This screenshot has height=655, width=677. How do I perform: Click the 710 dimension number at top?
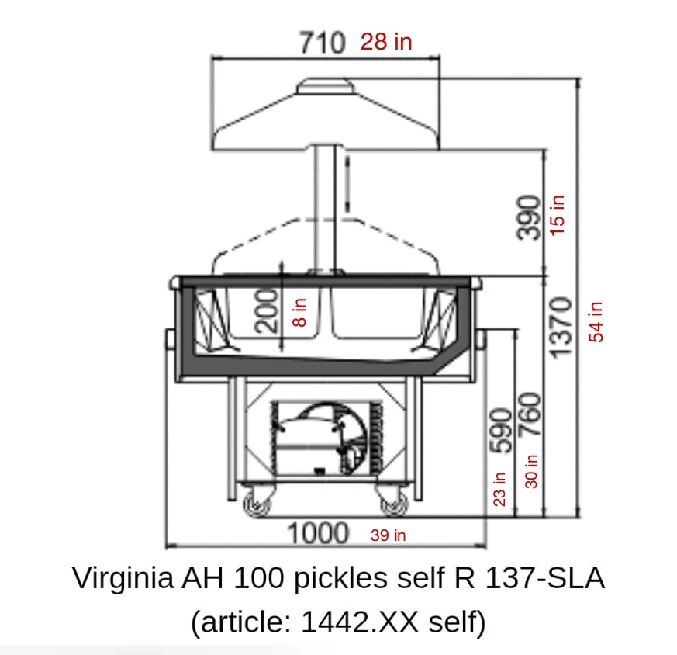tap(323, 43)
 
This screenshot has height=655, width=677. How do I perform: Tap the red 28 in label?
tap(386, 41)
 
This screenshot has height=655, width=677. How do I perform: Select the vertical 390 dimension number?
tap(528, 217)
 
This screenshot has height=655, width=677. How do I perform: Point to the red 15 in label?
tap(557, 215)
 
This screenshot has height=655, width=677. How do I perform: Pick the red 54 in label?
tap(596, 322)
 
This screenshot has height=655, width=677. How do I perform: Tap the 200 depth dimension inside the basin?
tap(267, 311)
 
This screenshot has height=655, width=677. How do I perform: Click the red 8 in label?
tap(299, 312)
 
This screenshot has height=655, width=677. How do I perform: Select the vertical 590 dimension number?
tap(501, 431)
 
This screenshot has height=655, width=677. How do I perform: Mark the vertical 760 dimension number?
tap(530, 414)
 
